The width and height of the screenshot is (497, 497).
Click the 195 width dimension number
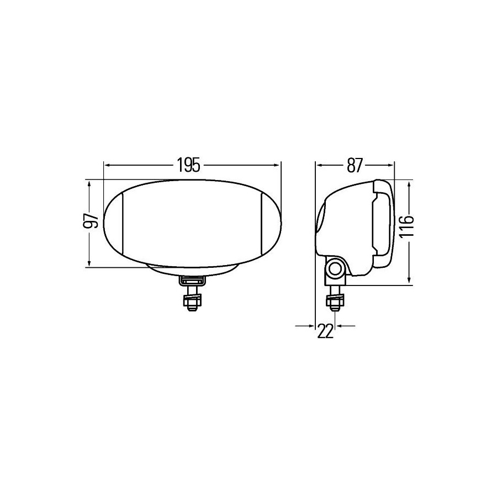click(x=189, y=165)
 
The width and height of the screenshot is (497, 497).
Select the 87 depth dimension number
click(x=355, y=165)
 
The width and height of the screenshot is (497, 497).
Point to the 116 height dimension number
click(x=406, y=226)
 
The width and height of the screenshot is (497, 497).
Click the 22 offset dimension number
click(x=325, y=331)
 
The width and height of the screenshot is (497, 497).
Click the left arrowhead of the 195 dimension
click(x=107, y=165)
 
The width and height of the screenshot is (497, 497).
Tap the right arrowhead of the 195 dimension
click(x=278, y=165)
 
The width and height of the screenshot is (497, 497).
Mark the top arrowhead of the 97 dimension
click(x=89, y=184)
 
